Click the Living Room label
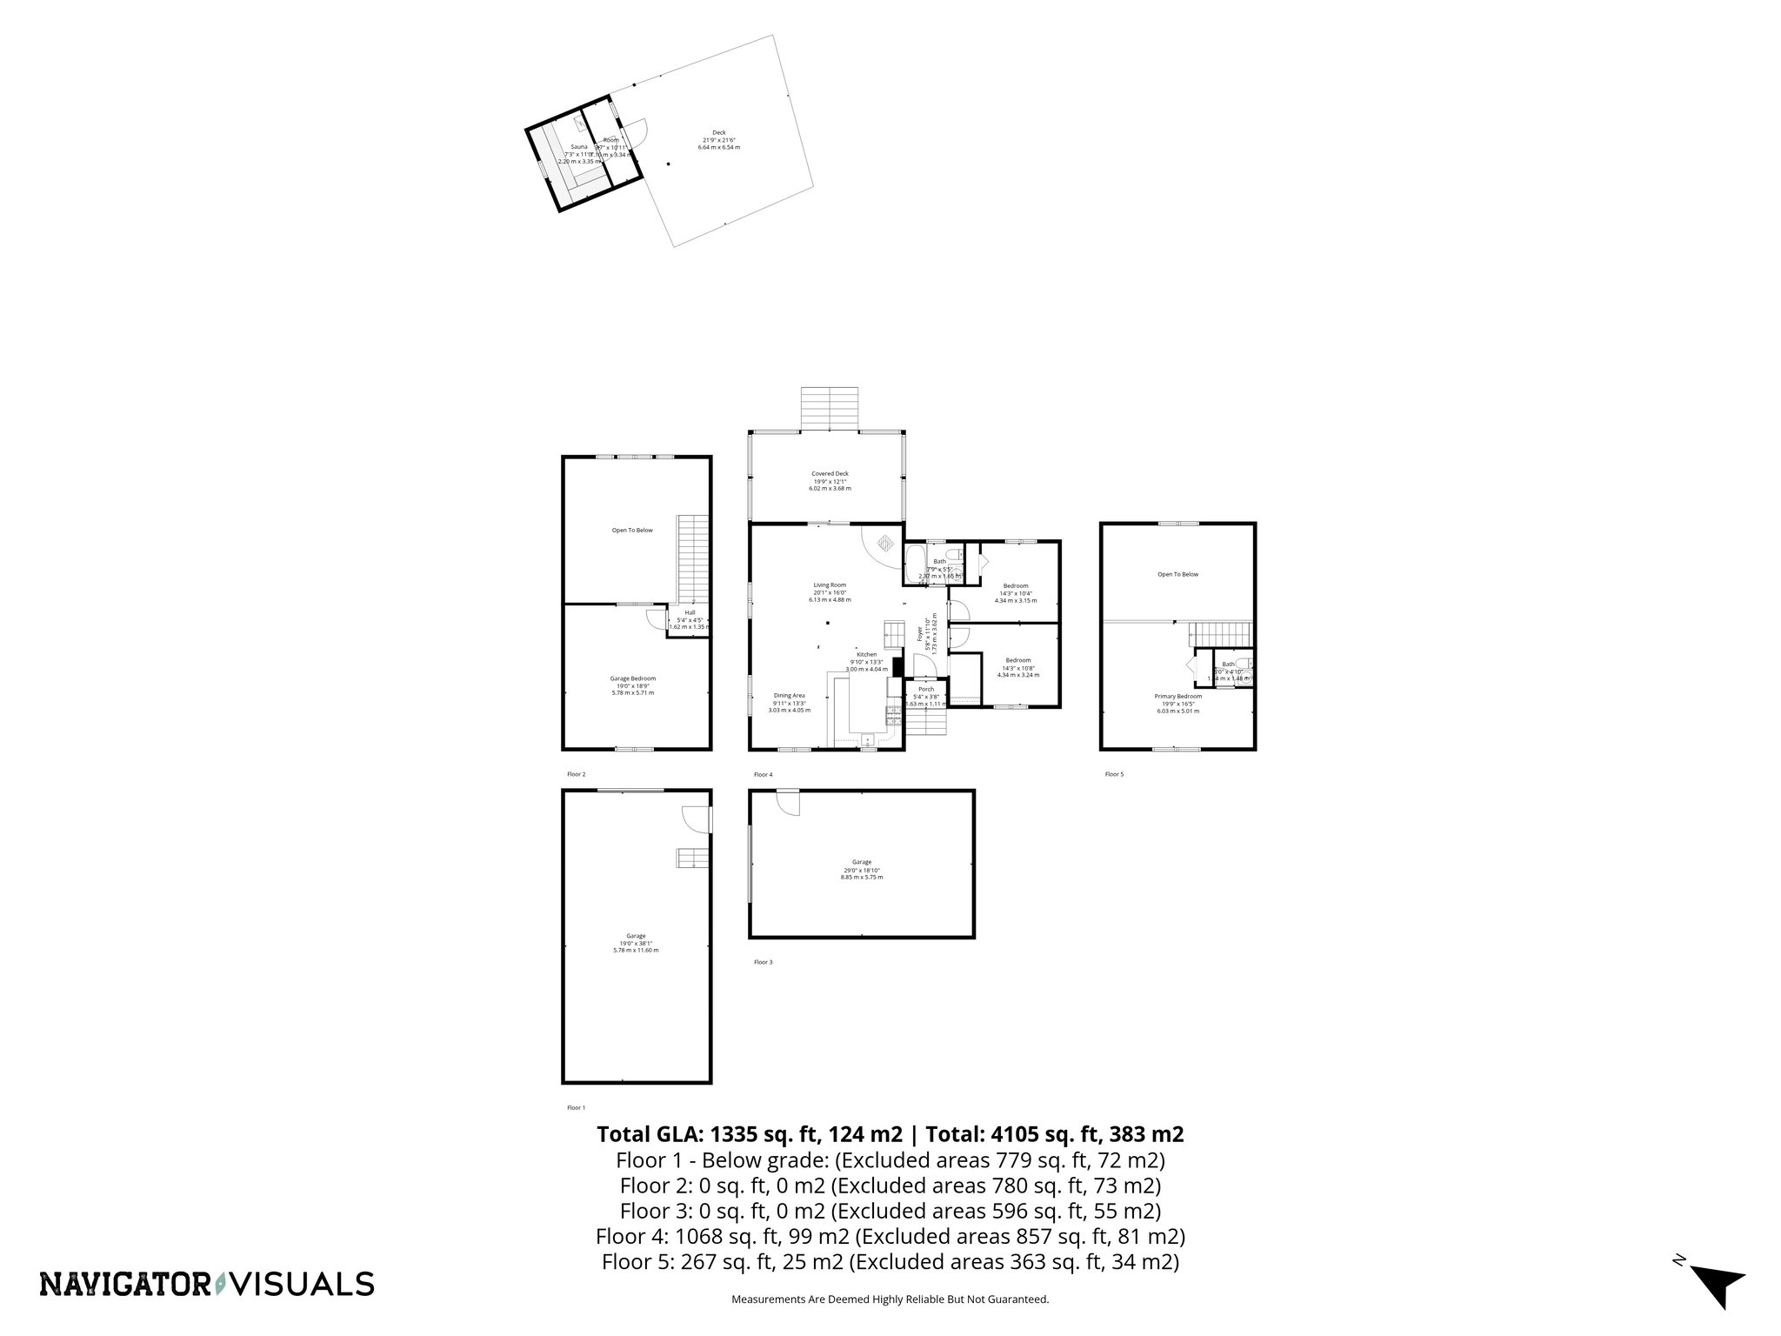[830, 585]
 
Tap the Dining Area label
[790, 695]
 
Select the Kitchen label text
[866, 654]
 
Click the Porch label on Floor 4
[925, 689]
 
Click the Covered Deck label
[830, 474]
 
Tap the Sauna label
[578, 147]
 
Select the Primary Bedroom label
[1177, 696]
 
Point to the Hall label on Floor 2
[690, 612]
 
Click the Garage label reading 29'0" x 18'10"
[861, 862]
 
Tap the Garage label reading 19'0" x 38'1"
[636, 936]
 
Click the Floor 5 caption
[1114, 774]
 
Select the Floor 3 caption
[763, 962]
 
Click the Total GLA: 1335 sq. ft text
[751, 1134]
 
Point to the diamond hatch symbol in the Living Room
[884, 543]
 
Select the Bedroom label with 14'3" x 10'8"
[1017, 660]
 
